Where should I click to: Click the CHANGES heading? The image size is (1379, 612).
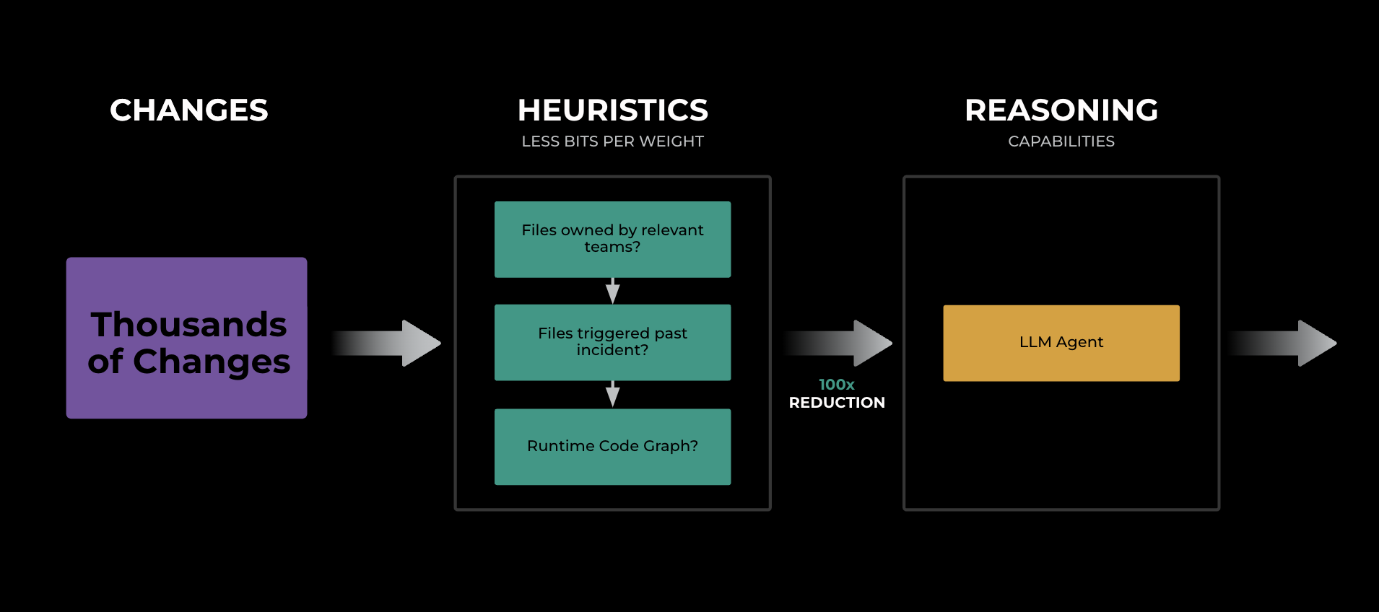(x=188, y=110)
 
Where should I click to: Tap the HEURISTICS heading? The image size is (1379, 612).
(x=612, y=110)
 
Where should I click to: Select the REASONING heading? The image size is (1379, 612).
(x=1061, y=110)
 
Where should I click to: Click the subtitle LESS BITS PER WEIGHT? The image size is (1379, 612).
(x=612, y=141)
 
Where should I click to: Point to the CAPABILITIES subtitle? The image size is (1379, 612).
(x=1061, y=141)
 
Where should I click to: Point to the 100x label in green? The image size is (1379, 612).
(x=836, y=385)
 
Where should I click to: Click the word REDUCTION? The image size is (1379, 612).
(x=836, y=403)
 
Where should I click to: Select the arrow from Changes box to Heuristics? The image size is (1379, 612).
(x=390, y=343)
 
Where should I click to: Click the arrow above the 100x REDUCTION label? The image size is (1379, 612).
(x=841, y=343)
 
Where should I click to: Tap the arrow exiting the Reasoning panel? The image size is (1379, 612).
(x=1285, y=343)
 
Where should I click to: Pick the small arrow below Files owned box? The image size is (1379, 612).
(x=612, y=291)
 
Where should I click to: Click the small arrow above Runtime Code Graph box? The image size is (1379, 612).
(x=612, y=394)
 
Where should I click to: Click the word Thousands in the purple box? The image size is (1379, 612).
(x=188, y=325)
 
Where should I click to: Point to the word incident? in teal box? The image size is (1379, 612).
(x=612, y=351)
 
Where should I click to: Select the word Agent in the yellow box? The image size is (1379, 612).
(x=1080, y=343)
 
